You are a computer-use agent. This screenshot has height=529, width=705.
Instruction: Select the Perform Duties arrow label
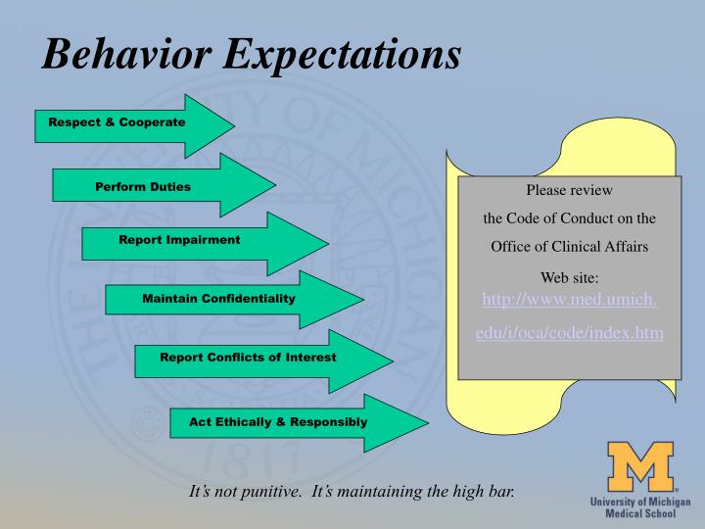[143, 186]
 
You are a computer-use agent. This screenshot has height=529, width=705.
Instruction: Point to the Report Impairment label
[179, 240]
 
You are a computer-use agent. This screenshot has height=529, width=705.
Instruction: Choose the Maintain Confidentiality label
[218, 298]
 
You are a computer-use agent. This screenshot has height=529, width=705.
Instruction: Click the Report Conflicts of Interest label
[248, 358]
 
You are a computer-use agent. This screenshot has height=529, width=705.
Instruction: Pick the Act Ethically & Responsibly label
[279, 422]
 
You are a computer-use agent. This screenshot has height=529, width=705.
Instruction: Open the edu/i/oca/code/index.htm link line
[569, 334]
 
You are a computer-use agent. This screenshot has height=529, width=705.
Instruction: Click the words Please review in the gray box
[569, 190]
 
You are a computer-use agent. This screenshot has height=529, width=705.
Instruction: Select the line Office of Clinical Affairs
[569, 246]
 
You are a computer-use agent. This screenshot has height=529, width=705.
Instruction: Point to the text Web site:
[569, 278]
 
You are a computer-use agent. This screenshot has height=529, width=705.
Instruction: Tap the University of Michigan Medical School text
[640, 507]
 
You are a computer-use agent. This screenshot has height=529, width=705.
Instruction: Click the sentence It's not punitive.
[245, 491]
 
